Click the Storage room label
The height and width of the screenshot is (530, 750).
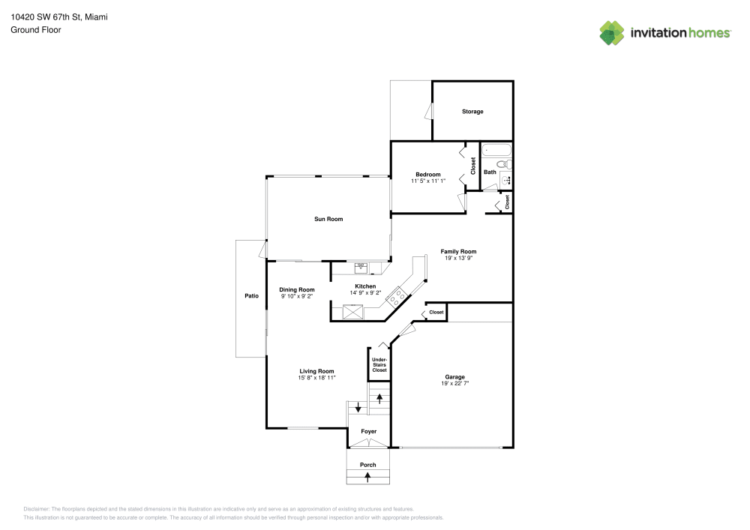[x=472, y=112]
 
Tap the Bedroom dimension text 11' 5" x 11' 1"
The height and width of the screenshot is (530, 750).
[x=427, y=181]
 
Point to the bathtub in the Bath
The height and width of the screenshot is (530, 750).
[x=495, y=149]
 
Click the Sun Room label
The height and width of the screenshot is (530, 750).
[x=328, y=219]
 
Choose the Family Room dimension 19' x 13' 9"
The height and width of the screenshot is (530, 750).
[x=458, y=258]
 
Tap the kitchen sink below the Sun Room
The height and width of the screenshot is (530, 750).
[x=361, y=266]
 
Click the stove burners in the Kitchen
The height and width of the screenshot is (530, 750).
[x=395, y=298]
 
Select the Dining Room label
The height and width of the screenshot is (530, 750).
[x=297, y=289]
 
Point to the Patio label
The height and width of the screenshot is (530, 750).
[x=251, y=296]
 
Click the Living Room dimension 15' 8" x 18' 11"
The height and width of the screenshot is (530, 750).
[x=316, y=378]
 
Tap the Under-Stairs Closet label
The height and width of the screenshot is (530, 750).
[x=379, y=365]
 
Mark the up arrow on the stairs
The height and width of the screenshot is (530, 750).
[x=379, y=397]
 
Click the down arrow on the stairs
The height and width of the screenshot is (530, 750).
[x=358, y=408]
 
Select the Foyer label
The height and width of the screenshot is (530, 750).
[x=368, y=431]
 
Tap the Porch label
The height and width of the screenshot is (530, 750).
[x=367, y=465]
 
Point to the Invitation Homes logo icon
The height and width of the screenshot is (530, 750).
[x=611, y=32]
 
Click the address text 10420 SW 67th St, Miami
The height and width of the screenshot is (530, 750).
[x=58, y=16]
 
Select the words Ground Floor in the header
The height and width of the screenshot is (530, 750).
[x=36, y=30]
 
